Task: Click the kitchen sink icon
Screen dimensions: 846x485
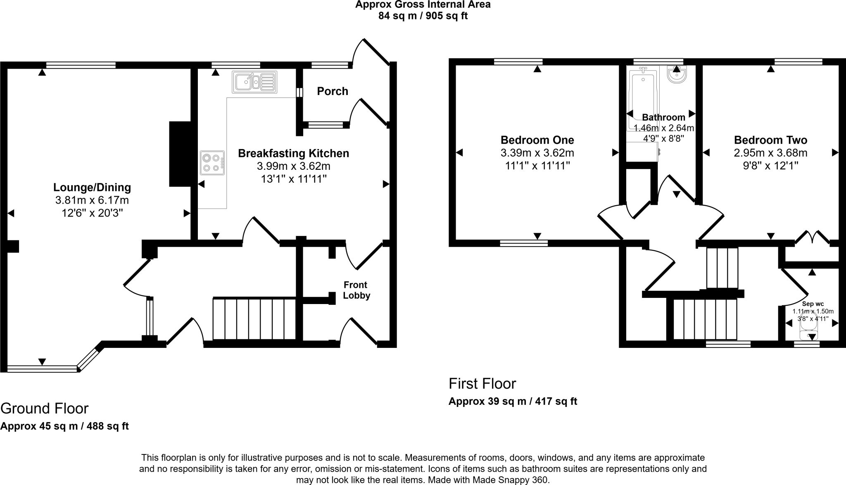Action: pyautogui.click(x=254, y=82)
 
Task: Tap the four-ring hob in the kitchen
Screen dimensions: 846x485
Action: pyautogui.click(x=212, y=163)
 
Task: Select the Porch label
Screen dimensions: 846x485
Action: pyautogui.click(x=333, y=91)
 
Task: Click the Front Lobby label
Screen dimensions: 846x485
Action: pyautogui.click(x=356, y=290)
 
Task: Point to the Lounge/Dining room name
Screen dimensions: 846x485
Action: pyautogui.click(x=92, y=187)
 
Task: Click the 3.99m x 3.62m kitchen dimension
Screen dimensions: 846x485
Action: pyautogui.click(x=293, y=166)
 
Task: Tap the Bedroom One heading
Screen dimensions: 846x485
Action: pyautogui.click(x=537, y=140)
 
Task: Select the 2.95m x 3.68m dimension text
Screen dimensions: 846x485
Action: pyautogui.click(x=770, y=153)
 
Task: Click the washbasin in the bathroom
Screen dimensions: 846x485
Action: pyautogui.click(x=676, y=75)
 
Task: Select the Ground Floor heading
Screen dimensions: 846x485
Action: pyautogui.click(x=45, y=408)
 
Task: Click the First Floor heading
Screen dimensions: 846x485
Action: pyautogui.click(x=482, y=383)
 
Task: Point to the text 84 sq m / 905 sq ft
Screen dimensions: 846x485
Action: pyautogui.click(x=423, y=16)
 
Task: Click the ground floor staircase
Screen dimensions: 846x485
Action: pyautogui.click(x=254, y=319)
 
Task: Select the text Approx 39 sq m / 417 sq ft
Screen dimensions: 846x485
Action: pyautogui.click(x=513, y=401)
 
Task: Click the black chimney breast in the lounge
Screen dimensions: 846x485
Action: pyautogui.click(x=180, y=154)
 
